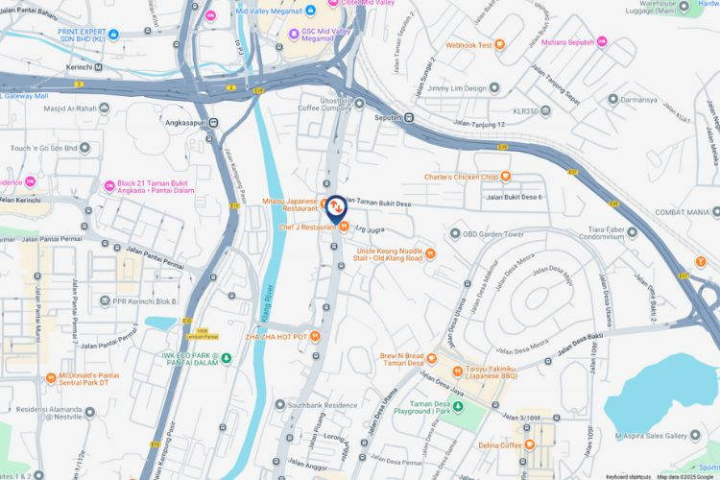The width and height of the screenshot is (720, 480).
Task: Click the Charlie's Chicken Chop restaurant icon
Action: coord(506,177)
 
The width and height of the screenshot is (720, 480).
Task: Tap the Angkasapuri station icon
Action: coord(214,122)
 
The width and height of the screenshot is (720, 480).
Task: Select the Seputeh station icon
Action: coord(408,117)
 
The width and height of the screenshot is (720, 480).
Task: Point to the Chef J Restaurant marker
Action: coord(344,227)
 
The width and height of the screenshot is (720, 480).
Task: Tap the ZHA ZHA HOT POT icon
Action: coord(315,337)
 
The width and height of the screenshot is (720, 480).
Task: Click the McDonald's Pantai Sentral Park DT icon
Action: coord(52,378)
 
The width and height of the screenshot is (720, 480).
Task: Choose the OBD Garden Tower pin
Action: coord(455,233)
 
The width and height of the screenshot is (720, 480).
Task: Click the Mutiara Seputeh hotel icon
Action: coord(601,41)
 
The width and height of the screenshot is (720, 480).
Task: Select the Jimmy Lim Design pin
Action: coord(494,87)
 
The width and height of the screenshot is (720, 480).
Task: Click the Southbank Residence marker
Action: coord(280,405)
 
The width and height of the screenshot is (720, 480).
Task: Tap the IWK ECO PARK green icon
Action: coord(228,359)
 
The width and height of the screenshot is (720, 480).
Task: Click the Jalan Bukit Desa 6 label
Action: coord(515,198)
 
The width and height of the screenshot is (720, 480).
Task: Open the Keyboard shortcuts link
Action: coord(628,476)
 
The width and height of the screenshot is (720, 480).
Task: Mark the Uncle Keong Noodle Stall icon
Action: coord(430,253)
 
